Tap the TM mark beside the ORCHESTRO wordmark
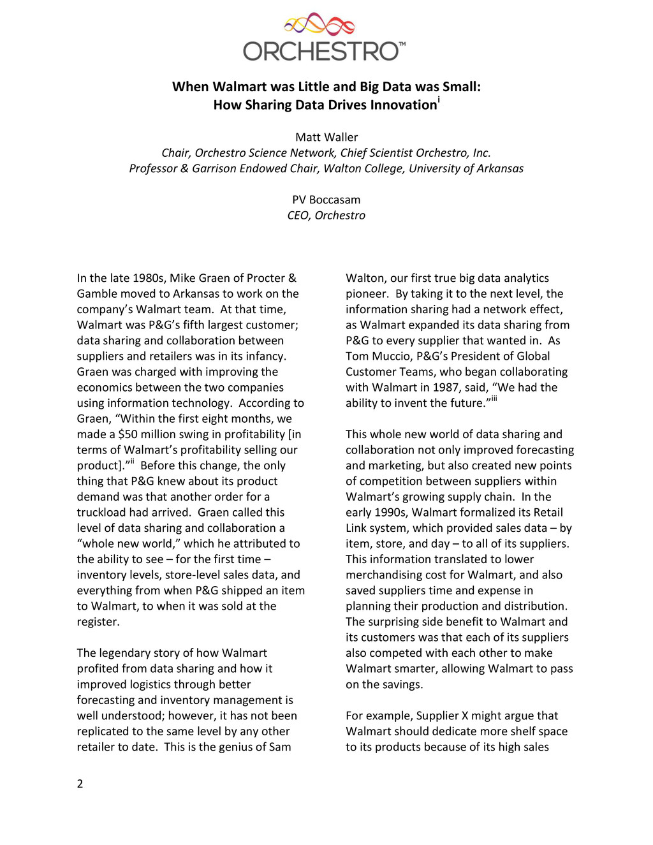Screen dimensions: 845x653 pyautogui.click(x=402, y=45)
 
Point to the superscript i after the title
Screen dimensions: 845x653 pyautogui.click(x=439, y=99)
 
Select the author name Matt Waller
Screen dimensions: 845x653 pyautogui.click(x=326, y=137)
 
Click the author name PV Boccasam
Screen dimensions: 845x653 pyautogui.click(x=326, y=200)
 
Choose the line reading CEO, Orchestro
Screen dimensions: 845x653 pyautogui.click(x=326, y=216)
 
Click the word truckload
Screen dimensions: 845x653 pyautogui.click(x=102, y=513)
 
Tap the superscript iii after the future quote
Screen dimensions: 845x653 pyautogui.click(x=494, y=399)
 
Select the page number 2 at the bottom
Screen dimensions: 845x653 pyautogui.click(x=80, y=784)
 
